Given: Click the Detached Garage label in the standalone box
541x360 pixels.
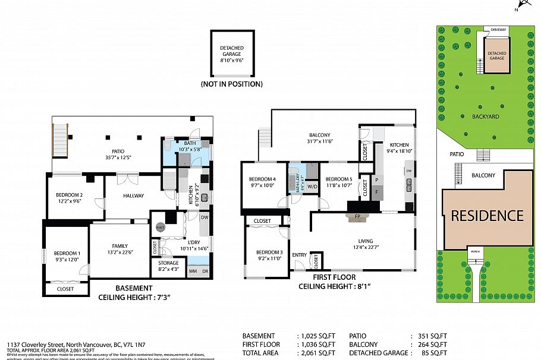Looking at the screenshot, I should pos(231,51).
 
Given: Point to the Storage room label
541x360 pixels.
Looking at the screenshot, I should pos(168,262).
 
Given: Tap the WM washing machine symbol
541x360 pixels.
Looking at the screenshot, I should pos(192,271).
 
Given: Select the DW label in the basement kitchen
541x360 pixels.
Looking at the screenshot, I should pos(204,217).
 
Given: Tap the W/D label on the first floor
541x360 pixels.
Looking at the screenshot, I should pos(312,185).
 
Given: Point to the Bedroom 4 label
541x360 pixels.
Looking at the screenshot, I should pos(262,179).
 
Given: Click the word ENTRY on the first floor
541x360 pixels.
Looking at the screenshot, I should pos(300,255).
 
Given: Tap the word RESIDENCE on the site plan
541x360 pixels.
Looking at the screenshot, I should pos(487,216).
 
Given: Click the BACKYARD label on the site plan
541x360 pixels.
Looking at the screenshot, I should pos(486,116).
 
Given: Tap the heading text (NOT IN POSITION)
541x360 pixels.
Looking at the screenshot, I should pos(231,84).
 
